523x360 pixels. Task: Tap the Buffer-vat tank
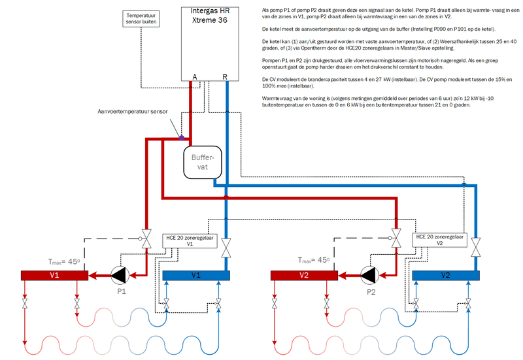click(x=204, y=162)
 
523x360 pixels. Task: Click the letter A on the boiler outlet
click(x=194, y=77)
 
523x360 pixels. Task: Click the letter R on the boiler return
click(x=226, y=77)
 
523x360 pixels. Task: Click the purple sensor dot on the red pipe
click(x=182, y=137)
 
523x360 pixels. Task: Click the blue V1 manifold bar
click(x=197, y=274)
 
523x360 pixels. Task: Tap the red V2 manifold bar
click(x=304, y=274)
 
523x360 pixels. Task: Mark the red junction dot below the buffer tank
click(x=225, y=197)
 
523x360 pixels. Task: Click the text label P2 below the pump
click(x=371, y=293)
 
